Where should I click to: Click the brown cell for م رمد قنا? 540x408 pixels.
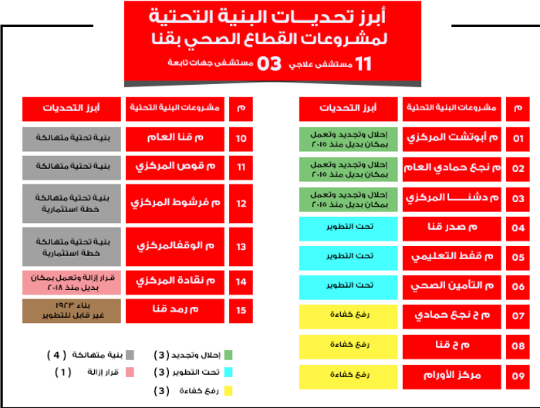tap(72, 310)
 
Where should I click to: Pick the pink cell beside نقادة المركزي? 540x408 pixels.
tap(72, 282)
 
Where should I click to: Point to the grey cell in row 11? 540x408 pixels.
tap(72, 166)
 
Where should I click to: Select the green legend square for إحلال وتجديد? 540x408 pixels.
tap(228, 356)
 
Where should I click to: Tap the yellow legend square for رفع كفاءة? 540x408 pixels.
tap(228, 391)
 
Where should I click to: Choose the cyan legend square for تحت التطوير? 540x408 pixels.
tap(228, 373)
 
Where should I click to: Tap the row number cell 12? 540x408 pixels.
tap(241, 204)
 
